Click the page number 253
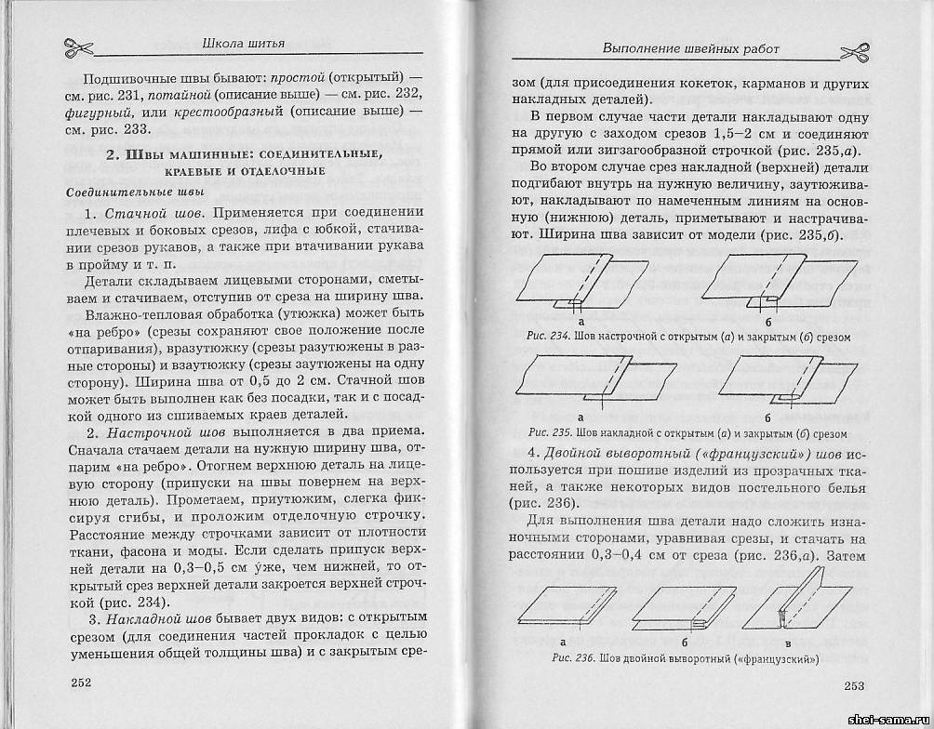[x=854, y=685]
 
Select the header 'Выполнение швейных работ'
[x=690, y=47]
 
